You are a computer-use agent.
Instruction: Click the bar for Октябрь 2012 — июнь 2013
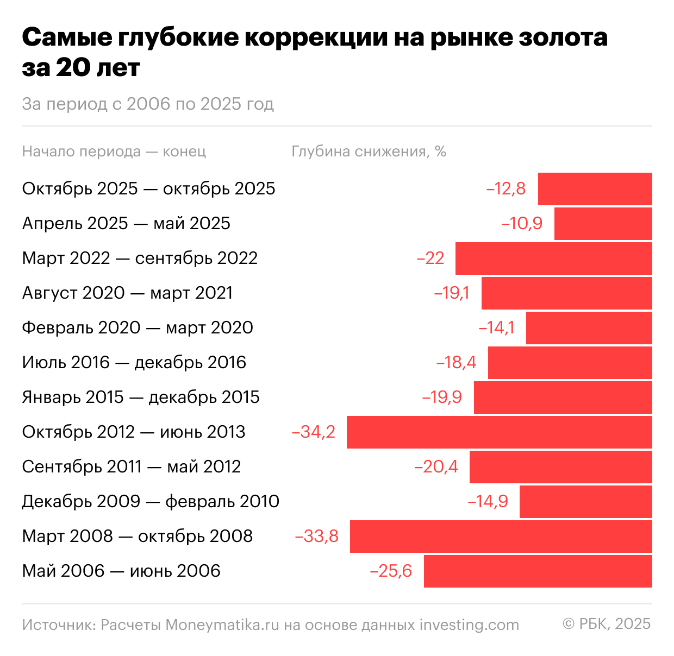pos(499,432)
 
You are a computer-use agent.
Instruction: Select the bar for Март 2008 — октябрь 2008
pos(501,537)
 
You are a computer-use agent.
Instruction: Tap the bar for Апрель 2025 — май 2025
pos(603,224)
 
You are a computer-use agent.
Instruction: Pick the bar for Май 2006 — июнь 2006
pos(538,571)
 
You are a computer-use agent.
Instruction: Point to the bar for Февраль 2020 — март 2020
pos(589,328)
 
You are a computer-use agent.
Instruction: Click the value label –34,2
pos(314,432)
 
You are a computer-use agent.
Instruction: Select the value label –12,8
pos(505,189)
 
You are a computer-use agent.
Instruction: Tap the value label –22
pos(430,258)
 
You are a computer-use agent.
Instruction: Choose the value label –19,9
pos(442,398)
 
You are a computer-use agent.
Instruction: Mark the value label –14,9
pos(488,502)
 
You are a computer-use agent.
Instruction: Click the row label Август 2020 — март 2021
pos(127,293)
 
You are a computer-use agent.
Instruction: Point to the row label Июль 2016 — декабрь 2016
pos(134,363)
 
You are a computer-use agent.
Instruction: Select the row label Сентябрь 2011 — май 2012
pos(131,467)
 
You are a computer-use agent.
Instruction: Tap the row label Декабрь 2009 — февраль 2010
pos(151,502)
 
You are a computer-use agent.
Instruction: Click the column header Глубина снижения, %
pos(369,152)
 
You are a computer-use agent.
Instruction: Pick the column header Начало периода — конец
pos(114,152)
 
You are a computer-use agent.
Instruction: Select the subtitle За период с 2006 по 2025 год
pos(148,104)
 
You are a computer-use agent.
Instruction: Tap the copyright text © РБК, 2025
pos(607,624)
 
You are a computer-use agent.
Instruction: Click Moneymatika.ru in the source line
pos(222,625)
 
